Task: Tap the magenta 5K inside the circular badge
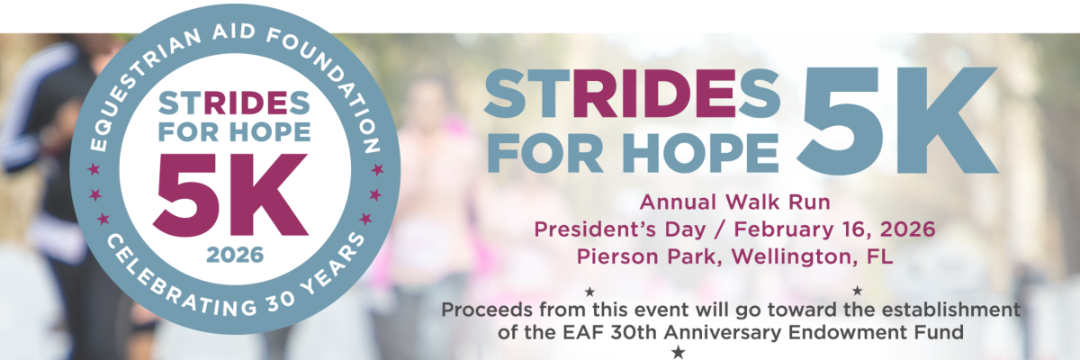[x=230, y=194]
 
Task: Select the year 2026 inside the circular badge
[x=235, y=255]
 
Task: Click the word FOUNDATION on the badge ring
[x=333, y=82]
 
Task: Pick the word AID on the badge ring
[x=234, y=31]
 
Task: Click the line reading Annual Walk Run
[x=734, y=202]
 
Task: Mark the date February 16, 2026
[x=834, y=229]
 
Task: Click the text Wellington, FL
[x=813, y=256]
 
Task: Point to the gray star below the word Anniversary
[x=679, y=352]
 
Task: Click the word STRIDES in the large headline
[x=632, y=93]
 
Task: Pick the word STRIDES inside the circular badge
[x=234, y=103]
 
